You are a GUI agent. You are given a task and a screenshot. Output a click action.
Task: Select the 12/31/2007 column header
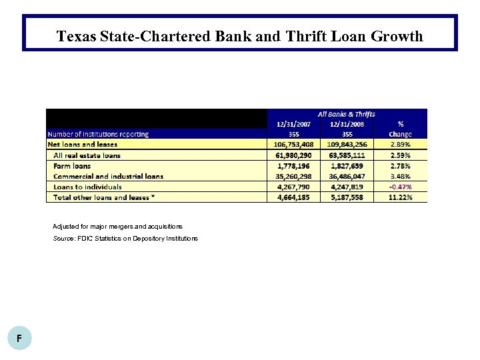[x=293, y=123]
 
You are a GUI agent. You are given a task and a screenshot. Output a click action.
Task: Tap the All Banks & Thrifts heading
[x=346, y=114]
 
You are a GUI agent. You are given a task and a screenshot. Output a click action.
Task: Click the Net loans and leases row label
[x=83, y=144]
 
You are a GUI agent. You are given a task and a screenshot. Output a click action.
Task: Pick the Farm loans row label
[x=72, y=165]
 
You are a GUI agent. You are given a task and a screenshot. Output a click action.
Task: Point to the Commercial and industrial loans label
[x=108, y=176]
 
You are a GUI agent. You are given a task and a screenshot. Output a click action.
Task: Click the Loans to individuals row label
[x=87, y=187]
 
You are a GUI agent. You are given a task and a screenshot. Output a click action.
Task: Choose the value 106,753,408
[x=293, y=144]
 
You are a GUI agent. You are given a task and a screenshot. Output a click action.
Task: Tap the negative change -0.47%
[x=400, y=187]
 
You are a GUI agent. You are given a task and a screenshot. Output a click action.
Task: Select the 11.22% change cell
[x=400, y=197]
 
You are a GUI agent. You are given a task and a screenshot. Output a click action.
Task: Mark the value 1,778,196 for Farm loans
[x=293, y=165]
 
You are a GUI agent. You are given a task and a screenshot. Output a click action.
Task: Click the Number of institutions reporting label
[x=98, y=133]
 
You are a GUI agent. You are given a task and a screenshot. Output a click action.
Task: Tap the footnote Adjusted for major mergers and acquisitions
[x=117, y=227]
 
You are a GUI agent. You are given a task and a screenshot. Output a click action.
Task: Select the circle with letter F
[x=19, y=339]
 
